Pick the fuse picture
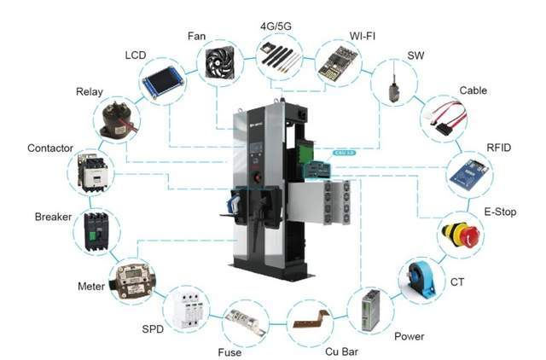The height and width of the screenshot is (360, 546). point(247,326)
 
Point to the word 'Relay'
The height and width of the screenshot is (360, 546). point(89,91)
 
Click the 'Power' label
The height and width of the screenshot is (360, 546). point(409,336)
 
